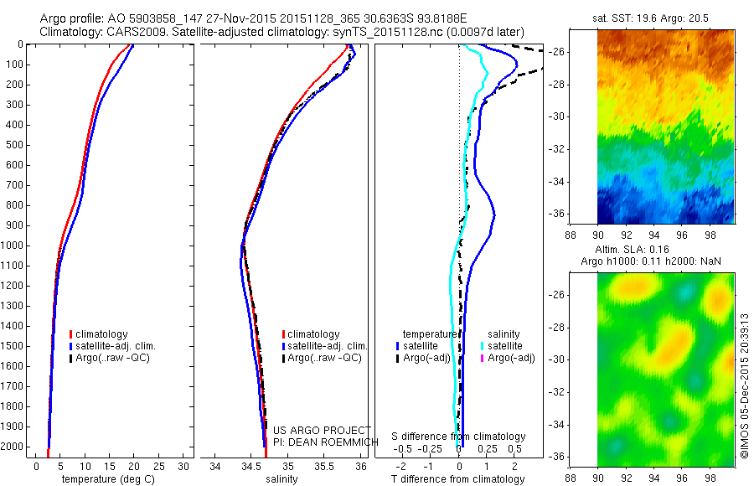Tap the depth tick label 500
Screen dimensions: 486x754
point(14,145)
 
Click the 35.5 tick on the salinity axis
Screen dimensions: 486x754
point(323,467)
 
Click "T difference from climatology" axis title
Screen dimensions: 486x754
point(457,479)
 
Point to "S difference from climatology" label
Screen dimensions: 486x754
point(458,437)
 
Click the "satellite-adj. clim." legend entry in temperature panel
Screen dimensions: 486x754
point(116,346)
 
